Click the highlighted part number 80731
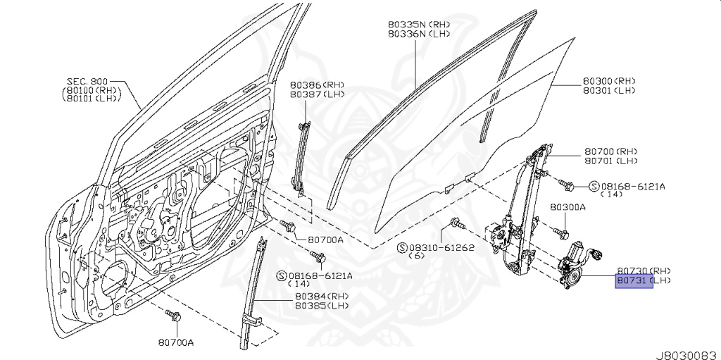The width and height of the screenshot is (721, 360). (x=633, y=281)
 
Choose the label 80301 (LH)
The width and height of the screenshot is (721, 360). (x=609, y=90)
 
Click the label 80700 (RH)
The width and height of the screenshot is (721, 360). (x=610, y=151)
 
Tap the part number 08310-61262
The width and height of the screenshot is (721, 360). (x=441, y=247)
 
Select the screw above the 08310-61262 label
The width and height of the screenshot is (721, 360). (x=456, y=224)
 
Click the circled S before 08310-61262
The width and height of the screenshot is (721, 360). (x=402, y=247)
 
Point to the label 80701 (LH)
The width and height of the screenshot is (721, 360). (x=610, y=161)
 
